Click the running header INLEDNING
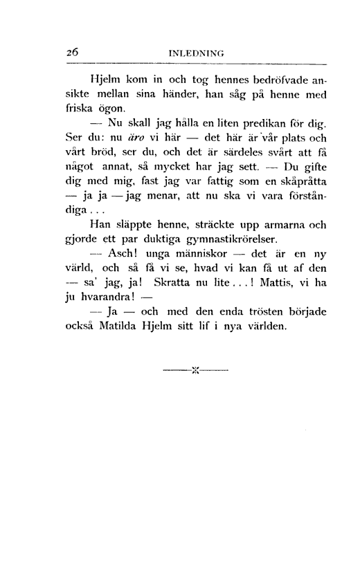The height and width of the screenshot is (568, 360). point(200,51)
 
